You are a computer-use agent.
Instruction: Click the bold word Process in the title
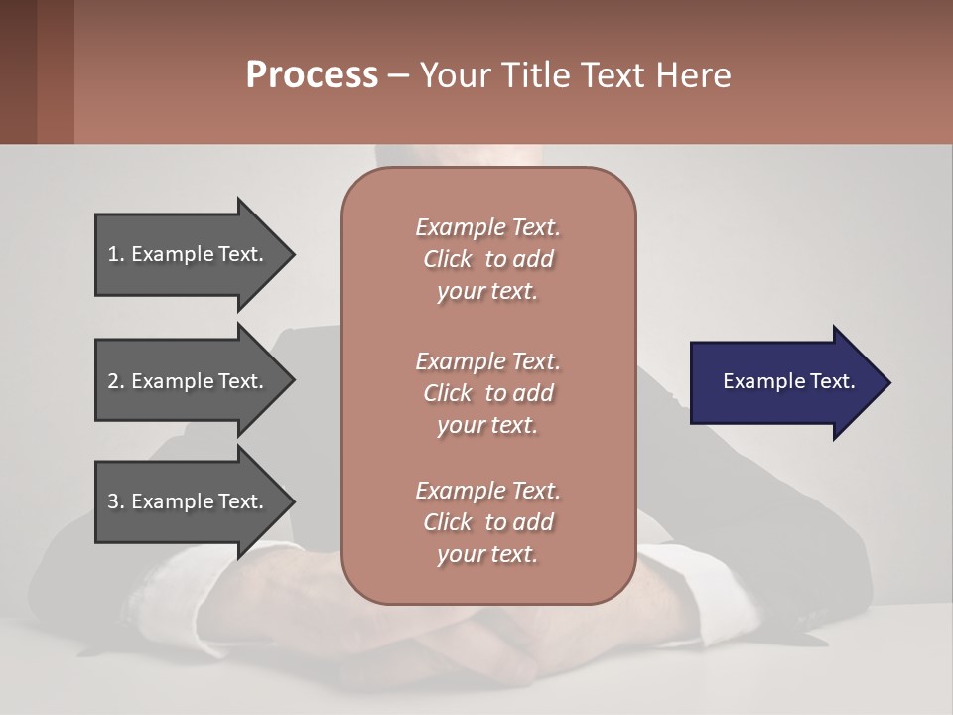coord(312,75)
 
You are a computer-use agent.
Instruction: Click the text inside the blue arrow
coord(788,381)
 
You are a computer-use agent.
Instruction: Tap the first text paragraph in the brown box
coord(487,259)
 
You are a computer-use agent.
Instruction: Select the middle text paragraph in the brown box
coord(487,393)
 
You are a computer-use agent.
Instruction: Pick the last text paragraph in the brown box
coord(487,522)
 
